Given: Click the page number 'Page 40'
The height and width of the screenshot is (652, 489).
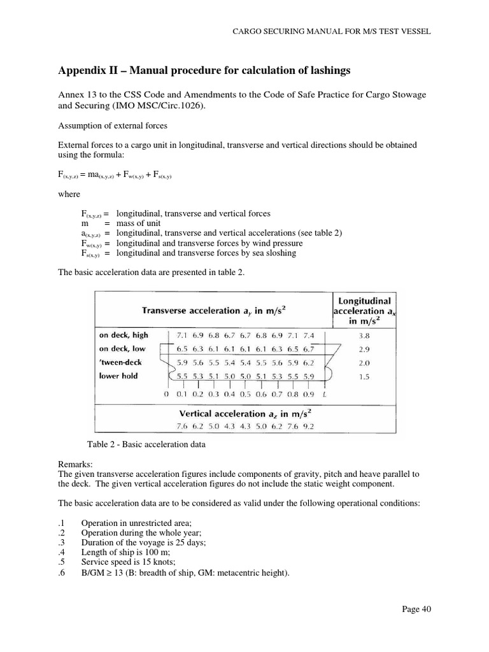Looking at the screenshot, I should [417, 609].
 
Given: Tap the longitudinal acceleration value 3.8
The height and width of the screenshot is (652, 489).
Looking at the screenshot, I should [362, 334].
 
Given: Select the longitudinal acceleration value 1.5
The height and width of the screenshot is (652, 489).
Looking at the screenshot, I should [362, 376].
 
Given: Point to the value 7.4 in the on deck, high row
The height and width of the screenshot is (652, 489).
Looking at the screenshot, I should [309, 334].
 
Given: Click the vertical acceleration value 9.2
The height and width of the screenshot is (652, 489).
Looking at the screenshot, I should [308, 426].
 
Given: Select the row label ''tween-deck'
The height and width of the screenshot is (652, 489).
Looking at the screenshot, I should [120, 362].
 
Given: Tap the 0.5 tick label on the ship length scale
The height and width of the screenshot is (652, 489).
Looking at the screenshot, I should [245, 395].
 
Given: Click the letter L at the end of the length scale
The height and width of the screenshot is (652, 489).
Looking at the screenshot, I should [325, 395].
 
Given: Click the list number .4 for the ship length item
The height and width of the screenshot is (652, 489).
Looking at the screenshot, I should [61, 551].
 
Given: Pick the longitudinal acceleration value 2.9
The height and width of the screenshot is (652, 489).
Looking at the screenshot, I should [362, 348].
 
